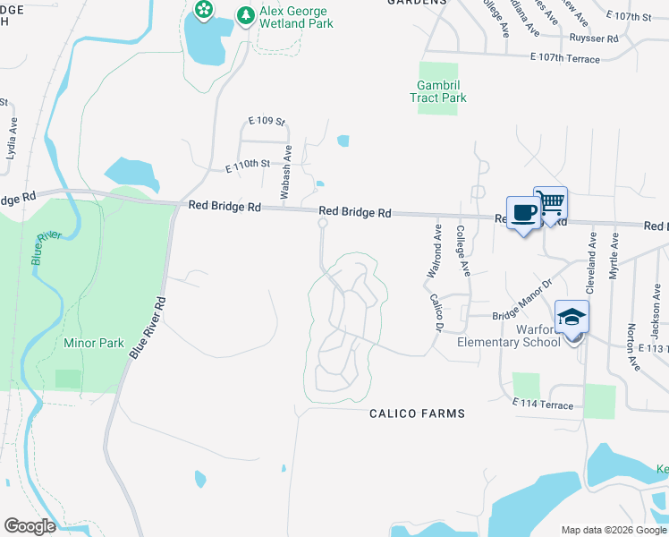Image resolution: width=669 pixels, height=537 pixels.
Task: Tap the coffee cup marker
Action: (x=523, y=213)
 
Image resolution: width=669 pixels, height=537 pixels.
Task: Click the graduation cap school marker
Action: (x=572, y=318)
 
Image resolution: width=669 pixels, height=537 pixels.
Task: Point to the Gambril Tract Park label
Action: (x=438, y=91)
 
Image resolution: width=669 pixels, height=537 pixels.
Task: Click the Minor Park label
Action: (x=94, y=343)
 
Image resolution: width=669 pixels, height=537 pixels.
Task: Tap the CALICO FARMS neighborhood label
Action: (x=418, y=413)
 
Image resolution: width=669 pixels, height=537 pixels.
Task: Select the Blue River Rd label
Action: (x=148, y=328)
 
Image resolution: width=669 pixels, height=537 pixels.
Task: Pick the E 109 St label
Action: (x=266, y=122)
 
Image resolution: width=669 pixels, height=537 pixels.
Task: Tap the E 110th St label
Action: (x=248, y=166)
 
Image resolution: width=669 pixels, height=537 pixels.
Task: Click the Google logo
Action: (x=30, y=526)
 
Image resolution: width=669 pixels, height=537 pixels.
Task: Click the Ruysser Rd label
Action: (x=593, y=38)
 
